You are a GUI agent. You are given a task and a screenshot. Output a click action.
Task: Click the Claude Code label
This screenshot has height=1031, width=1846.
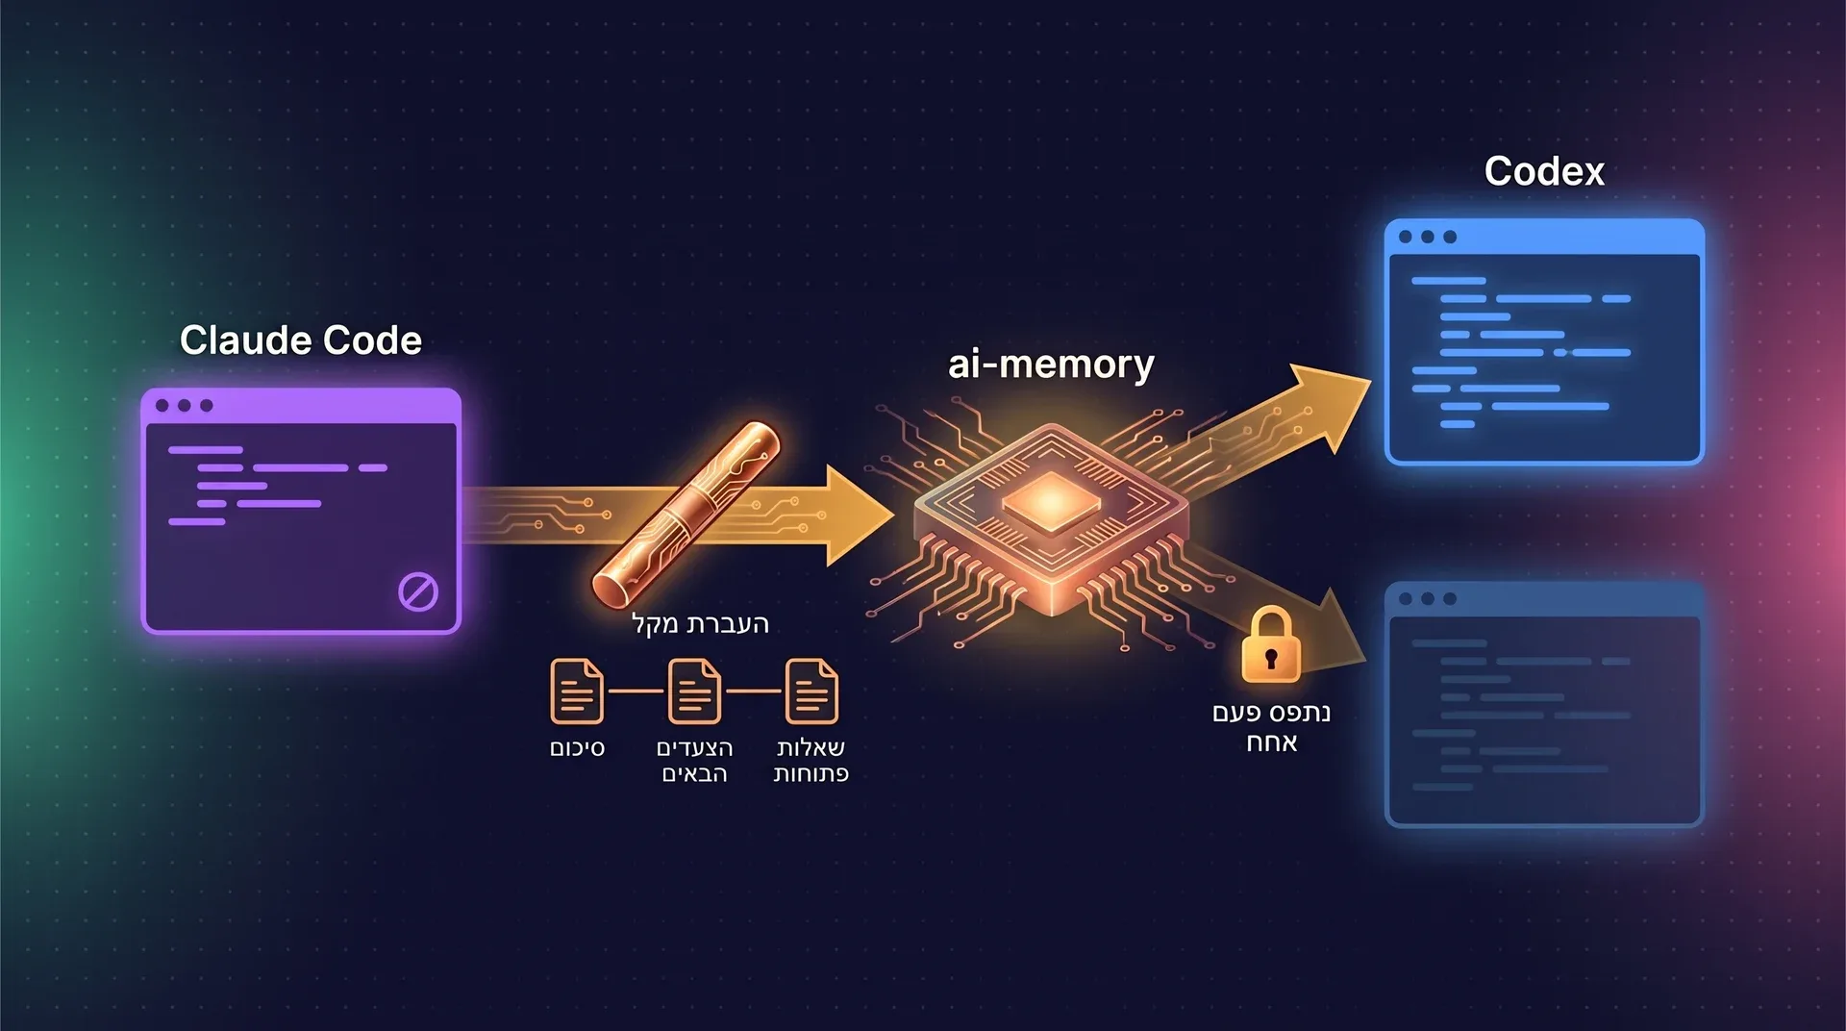click(301, 340)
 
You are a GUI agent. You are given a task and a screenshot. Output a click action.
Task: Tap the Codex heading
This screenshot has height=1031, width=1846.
click(1544, 171)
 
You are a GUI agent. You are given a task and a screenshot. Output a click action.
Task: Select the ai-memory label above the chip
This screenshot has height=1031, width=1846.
click(1051, 365)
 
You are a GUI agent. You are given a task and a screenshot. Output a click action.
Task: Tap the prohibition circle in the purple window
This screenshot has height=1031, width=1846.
click(418, 592)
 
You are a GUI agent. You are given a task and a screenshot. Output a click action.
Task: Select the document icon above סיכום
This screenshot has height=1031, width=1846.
click(577, 691)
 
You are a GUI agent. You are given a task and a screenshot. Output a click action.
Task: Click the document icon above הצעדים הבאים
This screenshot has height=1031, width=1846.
click(694, 691)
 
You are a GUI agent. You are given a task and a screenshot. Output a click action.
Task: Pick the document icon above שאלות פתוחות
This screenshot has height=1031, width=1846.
click(811, 691)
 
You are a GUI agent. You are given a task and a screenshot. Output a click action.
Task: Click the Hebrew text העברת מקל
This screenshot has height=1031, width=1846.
click(701, 623)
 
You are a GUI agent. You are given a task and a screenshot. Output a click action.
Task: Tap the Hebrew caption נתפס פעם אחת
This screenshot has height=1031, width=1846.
click(1271, 727)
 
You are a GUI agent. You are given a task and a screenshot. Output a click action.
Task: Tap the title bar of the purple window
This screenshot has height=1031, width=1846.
click(301, 405)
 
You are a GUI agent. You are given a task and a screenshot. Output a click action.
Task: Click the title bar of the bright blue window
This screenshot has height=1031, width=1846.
click(1544, 237)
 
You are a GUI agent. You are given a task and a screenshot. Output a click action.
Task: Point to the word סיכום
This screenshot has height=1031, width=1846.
click(577, 748)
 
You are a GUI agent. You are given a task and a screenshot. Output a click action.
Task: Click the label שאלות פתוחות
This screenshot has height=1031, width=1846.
click(811, 761)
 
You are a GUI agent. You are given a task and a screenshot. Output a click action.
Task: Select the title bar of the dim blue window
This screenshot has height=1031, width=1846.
click(1544, 598)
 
